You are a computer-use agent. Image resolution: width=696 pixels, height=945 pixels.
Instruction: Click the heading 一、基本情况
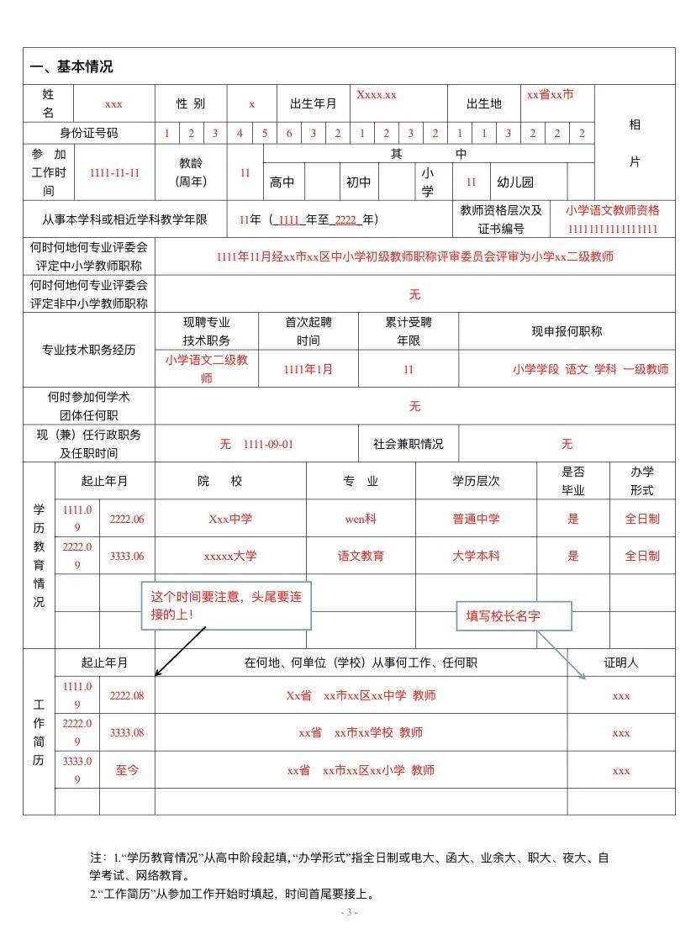pyautogui.click(x=71, y=67)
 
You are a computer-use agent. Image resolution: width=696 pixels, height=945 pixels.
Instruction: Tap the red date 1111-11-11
pyautogui.click(x=114, y=172)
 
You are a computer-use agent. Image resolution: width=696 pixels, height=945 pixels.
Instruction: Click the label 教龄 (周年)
pyautogui.click(x=191, y=172)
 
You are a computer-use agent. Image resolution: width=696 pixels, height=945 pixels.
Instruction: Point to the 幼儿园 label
pyautogui.click(x=514, y=182)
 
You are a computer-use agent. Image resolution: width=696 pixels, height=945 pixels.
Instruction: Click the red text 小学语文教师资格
pyautogui.click(x=612, y=210)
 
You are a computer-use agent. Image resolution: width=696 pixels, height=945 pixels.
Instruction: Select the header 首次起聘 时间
pyautogui.click(x=308, y=331)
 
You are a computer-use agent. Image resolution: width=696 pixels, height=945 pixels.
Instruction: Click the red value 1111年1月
pyautogui.click(x=308, y=369)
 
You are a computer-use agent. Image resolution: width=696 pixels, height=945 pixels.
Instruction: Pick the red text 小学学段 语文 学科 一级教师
pyautogui.click(x=590, y=369)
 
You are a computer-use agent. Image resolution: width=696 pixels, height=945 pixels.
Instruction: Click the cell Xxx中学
pyautogui.click(x=230, y=519)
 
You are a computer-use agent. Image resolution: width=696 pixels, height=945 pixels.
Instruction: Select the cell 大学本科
pyautogui.click(x=476, y=556)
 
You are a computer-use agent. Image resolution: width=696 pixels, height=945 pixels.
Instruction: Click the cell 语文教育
pyautogui.click(x=361, y=556)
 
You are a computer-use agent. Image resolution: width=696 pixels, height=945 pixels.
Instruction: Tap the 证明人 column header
pyautogui.click(x=620, y=663)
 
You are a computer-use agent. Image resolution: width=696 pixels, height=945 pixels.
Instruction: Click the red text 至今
pyautogui.click(x=127, y=770)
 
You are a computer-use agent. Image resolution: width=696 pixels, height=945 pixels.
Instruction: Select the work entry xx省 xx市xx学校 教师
pyautogui.click(x=361, y=733)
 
